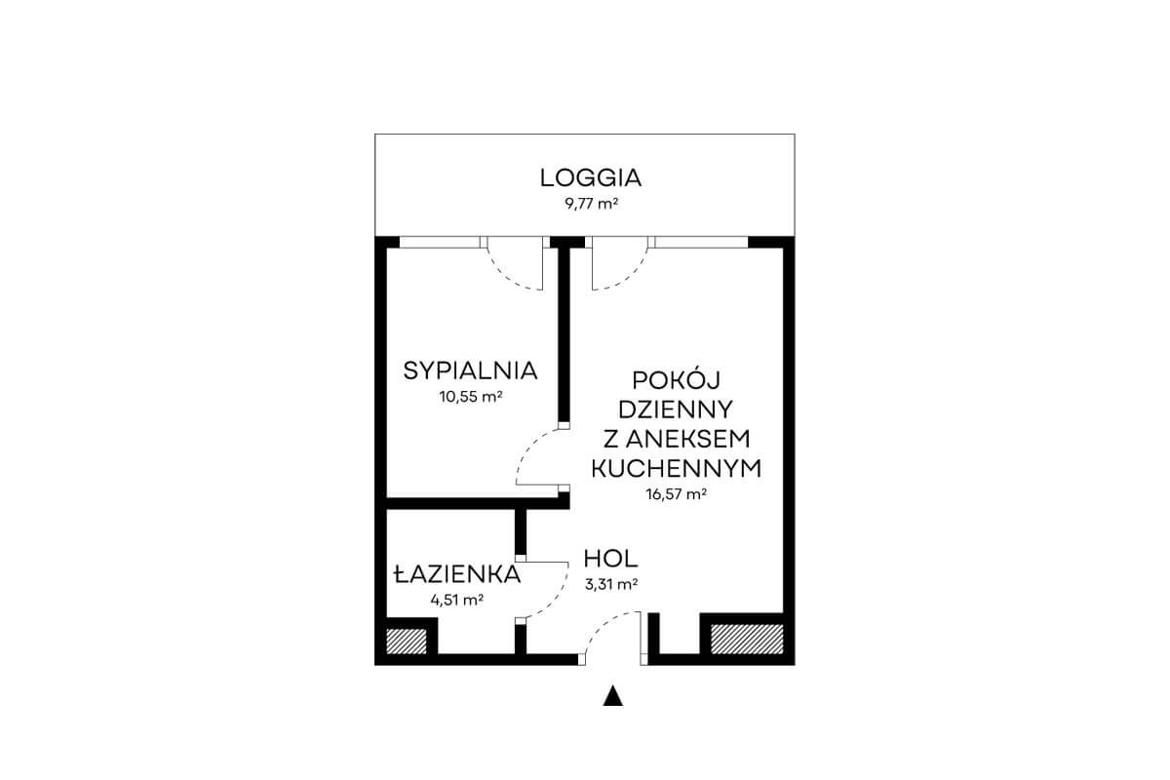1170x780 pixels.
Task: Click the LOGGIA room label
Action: [x=590, y=177]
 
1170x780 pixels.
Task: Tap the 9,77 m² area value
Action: [x=591, y=203]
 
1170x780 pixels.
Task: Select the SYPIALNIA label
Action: [x=470, y=370]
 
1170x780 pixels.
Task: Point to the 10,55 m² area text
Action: [x=471, y=397]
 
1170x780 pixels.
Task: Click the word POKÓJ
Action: [x=676, y=380]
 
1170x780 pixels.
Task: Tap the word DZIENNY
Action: [x=676, y=409]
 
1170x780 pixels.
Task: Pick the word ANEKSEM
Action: [x=687, y=439]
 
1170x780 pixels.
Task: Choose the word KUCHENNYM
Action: [x=676, y=468]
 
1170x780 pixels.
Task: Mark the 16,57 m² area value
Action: [x=677, y=493]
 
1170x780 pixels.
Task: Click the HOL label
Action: [x=610, y=559]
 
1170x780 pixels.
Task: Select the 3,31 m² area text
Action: [x=611, y=584]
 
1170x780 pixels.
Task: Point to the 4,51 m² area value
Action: [x=456, y=600]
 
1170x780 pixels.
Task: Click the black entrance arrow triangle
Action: [x=612, y=696]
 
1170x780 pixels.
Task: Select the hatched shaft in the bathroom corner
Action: [x=406, y=641]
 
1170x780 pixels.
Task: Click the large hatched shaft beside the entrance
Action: [x=747, y=639]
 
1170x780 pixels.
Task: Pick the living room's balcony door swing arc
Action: [x=631, y=275]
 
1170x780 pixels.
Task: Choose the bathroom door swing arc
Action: [x=557, y=600]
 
